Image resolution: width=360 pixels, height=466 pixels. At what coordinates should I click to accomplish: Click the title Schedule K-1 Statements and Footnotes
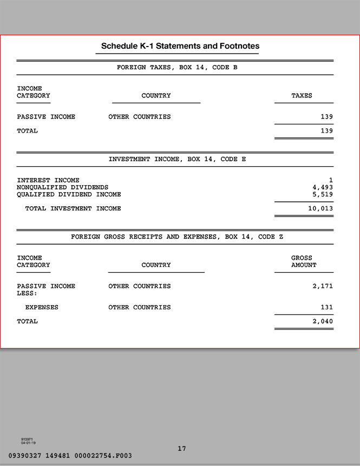click(180, 46)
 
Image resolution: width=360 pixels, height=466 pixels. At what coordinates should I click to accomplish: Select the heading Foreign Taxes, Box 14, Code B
click(177, 68)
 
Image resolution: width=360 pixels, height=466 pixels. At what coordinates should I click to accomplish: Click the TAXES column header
click(302, 96)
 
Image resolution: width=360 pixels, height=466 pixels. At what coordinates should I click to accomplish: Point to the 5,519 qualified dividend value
click(322, 194)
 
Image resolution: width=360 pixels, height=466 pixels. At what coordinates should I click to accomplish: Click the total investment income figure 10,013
click(320, 208)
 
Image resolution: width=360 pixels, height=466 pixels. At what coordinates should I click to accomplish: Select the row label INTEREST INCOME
click(48, 180)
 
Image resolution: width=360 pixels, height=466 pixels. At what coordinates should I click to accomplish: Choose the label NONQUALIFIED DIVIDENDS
click(63, 187)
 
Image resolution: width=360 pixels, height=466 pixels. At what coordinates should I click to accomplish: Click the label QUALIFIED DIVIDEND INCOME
click(69, 194)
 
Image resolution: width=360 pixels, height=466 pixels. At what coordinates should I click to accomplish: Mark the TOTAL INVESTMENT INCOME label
click(73, 208)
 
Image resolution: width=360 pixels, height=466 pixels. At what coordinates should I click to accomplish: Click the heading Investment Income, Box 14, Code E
click(177, 160)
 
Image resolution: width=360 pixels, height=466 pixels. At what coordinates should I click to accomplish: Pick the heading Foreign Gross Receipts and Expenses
click(177, 237)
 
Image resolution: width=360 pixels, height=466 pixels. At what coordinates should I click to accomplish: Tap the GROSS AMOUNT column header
click(303, 261)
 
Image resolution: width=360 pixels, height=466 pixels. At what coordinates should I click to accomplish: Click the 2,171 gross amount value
click(323, 286)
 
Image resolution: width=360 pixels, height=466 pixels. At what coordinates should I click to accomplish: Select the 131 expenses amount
click(326, 307)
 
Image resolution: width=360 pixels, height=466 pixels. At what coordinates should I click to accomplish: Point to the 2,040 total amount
click(323, 321)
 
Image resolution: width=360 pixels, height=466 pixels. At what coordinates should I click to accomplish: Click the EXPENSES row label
click(42, 307)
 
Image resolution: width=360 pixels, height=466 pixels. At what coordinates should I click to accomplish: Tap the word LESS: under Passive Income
click(27, 293)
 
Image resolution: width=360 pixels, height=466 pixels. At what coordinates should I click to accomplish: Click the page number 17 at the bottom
click(182, 449)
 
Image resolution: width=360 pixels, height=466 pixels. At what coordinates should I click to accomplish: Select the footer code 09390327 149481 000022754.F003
click(70, 456)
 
